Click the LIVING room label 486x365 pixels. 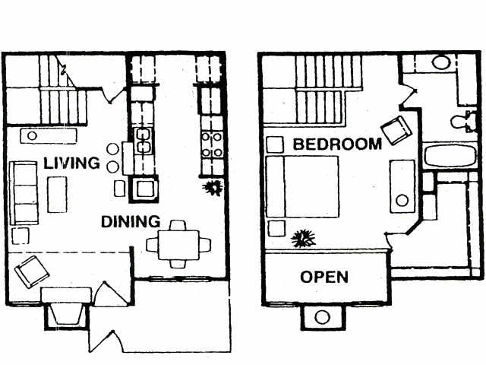71,163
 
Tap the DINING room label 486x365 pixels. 131,222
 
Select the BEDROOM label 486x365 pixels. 336,144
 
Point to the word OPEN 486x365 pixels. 324,277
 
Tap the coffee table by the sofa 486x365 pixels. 57,194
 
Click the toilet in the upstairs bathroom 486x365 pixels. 459,120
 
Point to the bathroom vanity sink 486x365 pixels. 440,62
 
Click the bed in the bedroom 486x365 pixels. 301,187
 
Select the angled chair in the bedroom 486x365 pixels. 396,130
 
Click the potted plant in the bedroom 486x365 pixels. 303,239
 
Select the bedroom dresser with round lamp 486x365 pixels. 402,186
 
